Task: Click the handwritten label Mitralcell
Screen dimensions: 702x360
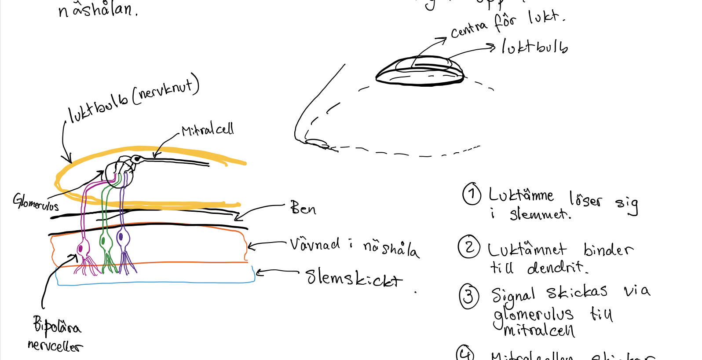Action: pyautogui.click(x=208, y=130)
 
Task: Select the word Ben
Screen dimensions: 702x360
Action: pyautogui.click(x=303, y=208)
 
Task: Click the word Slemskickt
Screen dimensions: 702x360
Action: pyautogui.click(x=354, y=278)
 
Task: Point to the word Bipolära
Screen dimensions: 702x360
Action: pyautogui.click(x=57, y=326)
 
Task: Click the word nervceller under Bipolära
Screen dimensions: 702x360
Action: pyautogui.click(x=55, y=346)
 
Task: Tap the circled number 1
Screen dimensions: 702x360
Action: pyautogui.click(x=472, y=194)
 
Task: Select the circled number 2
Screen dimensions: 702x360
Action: pyautogui.click(x=469, y=247)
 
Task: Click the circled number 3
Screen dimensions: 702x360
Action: pyautogui.click(x=469, y=296)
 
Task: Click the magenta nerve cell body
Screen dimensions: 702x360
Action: pyautogui.click(x=80, y=249)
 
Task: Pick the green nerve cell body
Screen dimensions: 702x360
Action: pyautogui.click(x=103, y=241)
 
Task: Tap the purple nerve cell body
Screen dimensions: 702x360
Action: pyautogui.click(x=121, y=238)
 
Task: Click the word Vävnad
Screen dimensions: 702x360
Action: pyautogui.click(x=314, y=244)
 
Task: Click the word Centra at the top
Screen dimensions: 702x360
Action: pyautogui.click(x=469, y=30)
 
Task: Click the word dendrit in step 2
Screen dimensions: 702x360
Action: pyautogui.click(x=557, y=267)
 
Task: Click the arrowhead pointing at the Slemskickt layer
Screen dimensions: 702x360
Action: pyautogui.click(x=259, y=273)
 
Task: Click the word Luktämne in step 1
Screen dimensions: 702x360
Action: pyautogui.click(x=521, y=195)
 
